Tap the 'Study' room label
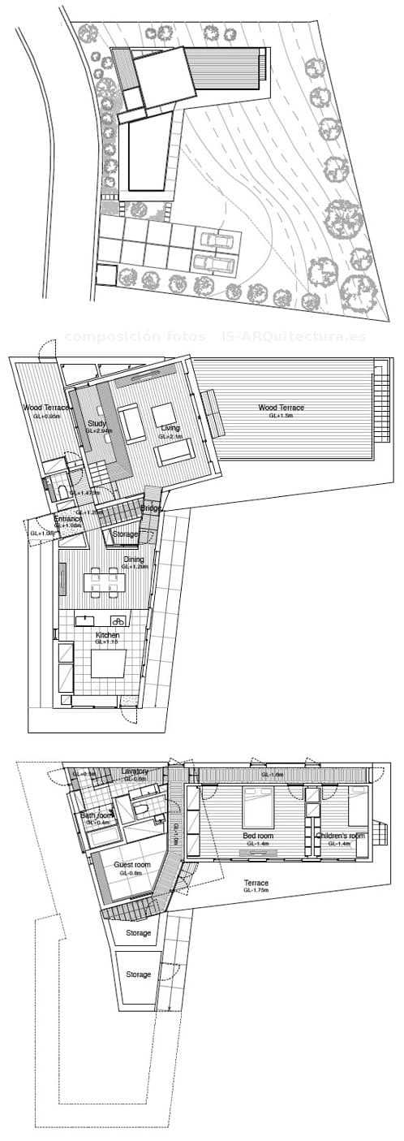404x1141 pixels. (x=97, y=424)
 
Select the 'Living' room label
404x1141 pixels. (x=170, y=428)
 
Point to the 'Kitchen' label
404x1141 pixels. (x=107, y=634)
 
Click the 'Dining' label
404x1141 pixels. (x=133, y=560)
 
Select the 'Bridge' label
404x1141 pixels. (x=150, y=508)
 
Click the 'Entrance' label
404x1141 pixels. (x=68, y=518)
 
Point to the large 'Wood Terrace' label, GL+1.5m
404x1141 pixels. (x=281, y=408)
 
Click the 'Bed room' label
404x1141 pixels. (x=259, y=836)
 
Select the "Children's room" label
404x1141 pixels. (x=340, y=836)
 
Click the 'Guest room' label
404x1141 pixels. (x=132, y=866)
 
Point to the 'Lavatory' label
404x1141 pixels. (x=134, y=771)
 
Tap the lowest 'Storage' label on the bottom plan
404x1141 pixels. (x=139, y=975)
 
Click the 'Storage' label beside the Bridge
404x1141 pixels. (x=124, y=534)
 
